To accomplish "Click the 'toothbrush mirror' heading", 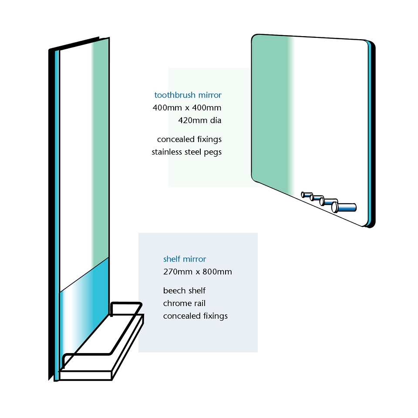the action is click(x=188, y=95).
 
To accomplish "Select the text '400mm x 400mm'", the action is click(x=187, y=108).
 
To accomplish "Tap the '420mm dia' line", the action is click(x=200, y=121).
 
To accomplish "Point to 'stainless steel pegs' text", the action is click(x=187, y=152).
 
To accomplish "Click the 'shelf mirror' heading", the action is click(x=185, y=259).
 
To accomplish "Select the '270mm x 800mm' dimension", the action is click(x=198, y=272).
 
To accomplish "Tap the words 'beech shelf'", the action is click(x=184, y=290).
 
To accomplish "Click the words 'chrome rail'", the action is click(x=184, y=303).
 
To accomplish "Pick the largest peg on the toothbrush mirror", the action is click(x=344, y=207).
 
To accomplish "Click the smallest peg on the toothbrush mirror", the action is click(x=307, y=195).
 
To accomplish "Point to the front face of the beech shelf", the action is click(x=85, y=375).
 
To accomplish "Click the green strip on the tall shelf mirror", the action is click(x=100, y=149).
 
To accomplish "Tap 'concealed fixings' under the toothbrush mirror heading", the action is click(x=189, y=139).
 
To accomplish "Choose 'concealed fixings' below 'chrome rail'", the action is click(x=196, y=316).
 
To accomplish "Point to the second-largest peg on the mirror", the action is click(x=329, y=202).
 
